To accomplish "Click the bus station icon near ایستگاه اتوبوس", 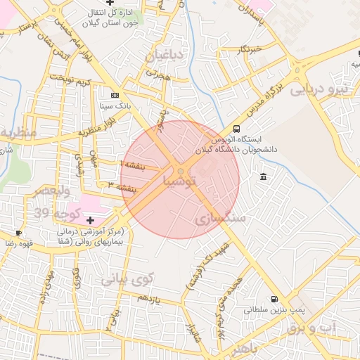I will coord(236,129).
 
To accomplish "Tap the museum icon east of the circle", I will coord(263,176).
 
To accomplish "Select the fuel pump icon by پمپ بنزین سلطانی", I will coord(274,297).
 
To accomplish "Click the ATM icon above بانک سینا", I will coord(115,95).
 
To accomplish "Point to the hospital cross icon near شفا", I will coord(90,220).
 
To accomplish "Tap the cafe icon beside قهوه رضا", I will coord(18,233).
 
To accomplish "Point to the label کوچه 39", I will coord(49,213).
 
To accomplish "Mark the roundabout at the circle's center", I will coord(181,171).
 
